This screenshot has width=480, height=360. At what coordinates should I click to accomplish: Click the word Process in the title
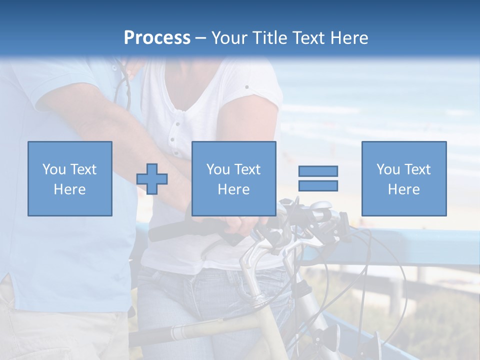point(157,38)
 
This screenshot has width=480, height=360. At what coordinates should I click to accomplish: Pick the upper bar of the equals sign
point(318,171)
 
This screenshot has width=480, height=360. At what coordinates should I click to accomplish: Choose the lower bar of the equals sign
point(318,185)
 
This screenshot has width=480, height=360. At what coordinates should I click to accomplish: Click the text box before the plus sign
point(70,178)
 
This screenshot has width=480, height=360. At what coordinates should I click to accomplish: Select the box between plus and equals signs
point(234,178)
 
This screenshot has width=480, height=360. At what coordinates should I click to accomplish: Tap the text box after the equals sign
point(404,178)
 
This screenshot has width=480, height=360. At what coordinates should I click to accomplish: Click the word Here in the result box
point(404,189)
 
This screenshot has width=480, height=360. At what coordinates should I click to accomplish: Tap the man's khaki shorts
point(60,330)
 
